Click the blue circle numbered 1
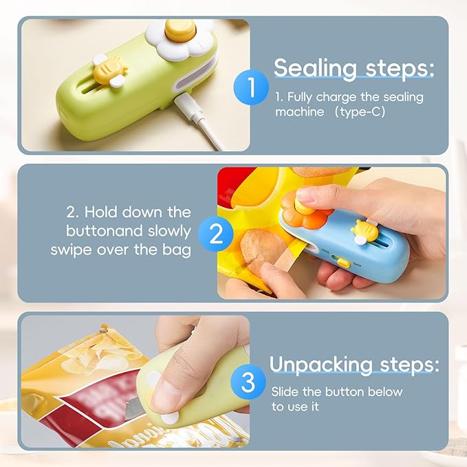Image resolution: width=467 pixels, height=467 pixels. pyautogui.click(x=251, y=87)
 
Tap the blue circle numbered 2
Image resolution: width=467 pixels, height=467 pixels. pyautogui.click(x=216, y=234)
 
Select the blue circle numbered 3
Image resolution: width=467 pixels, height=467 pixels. pyautogui.click(x=248, y=382)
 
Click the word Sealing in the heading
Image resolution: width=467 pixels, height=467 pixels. pyautogui.click(x=315, y=69)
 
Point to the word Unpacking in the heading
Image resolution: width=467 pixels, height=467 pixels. pyautogui.click(x=321, y=365)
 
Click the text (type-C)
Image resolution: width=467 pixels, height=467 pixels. pyautogui.click(x=360, y=112)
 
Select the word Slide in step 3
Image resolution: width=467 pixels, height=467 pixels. pyautogui.click(x=285, y=391)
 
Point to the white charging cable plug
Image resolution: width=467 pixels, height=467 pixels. pyautogui.click(x=185, y=104)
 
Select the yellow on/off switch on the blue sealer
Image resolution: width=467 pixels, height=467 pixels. pyautogui.click(x=343, y=263)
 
